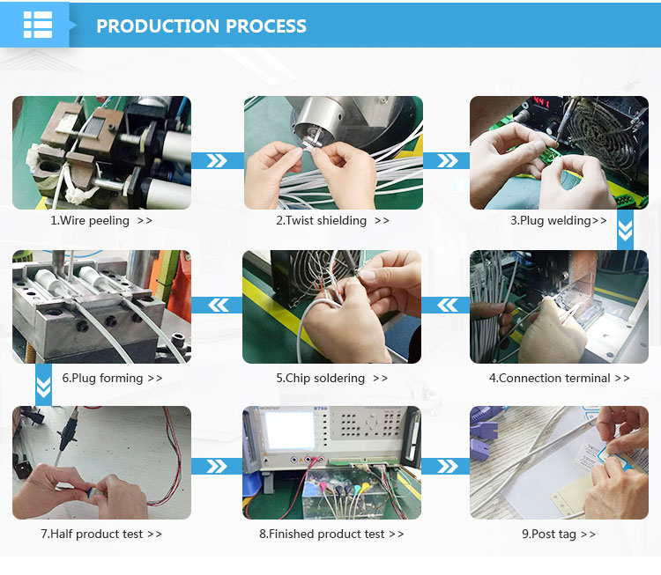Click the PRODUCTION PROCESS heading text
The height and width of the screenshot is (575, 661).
coord(201,26)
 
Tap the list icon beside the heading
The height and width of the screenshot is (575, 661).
coord(38,25)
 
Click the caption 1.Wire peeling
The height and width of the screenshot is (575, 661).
coord(90,221)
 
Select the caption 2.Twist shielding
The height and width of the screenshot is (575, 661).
coord(321,221)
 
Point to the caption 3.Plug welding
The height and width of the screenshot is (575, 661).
coord(551,221)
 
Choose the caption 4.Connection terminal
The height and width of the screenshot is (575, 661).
coord(550,378)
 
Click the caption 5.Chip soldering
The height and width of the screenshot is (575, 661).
coord(321,378)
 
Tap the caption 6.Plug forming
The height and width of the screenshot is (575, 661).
coord(102,378)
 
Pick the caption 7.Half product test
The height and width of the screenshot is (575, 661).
coord(92,534)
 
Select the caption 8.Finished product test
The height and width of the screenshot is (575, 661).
coord(322,534)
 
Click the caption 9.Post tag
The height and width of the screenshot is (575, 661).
coord(549,534)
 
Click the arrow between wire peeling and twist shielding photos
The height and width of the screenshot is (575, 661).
coord(217,160)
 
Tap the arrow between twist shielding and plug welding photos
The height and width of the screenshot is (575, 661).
coord(447,160)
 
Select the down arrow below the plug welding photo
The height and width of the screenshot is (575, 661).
coord(625,231)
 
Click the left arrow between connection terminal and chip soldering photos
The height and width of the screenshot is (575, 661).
coord(447,305)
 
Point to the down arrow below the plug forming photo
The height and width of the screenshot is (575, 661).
coord(43,387)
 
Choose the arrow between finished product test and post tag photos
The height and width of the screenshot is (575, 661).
coord(447,467)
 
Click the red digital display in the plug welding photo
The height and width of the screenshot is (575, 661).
coord(541,102)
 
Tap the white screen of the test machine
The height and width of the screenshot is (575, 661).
coord(290,430)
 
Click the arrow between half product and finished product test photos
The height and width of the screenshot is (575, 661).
coord(217,467)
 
